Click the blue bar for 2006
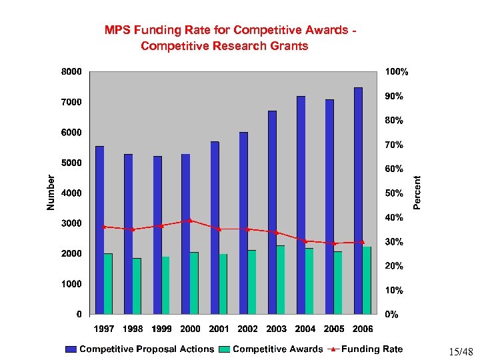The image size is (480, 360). coord(358,200)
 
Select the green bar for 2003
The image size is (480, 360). coord(281,279)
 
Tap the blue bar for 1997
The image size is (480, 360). coord(99,229)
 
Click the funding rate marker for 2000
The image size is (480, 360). coord(190,220)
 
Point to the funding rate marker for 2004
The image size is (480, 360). coord(305,241)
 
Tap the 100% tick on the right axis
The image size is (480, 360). coord(397,71)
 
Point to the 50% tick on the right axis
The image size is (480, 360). coord(394,193)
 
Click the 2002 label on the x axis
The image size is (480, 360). coord(247,329)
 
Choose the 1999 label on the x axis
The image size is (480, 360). coord(161,329)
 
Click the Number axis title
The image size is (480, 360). coord(51,192)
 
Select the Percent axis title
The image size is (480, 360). coord(417,192)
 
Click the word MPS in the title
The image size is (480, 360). coord(118,30)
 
